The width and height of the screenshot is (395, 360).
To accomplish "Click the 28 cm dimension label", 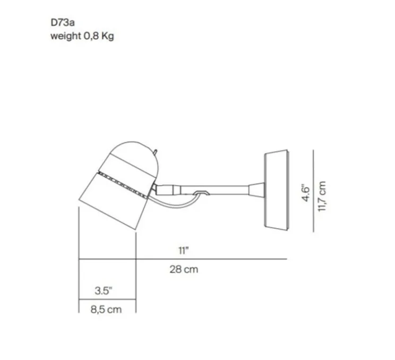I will click(x=184, y=269).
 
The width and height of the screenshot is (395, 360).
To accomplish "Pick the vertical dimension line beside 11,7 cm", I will click(x=314, y=191).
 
